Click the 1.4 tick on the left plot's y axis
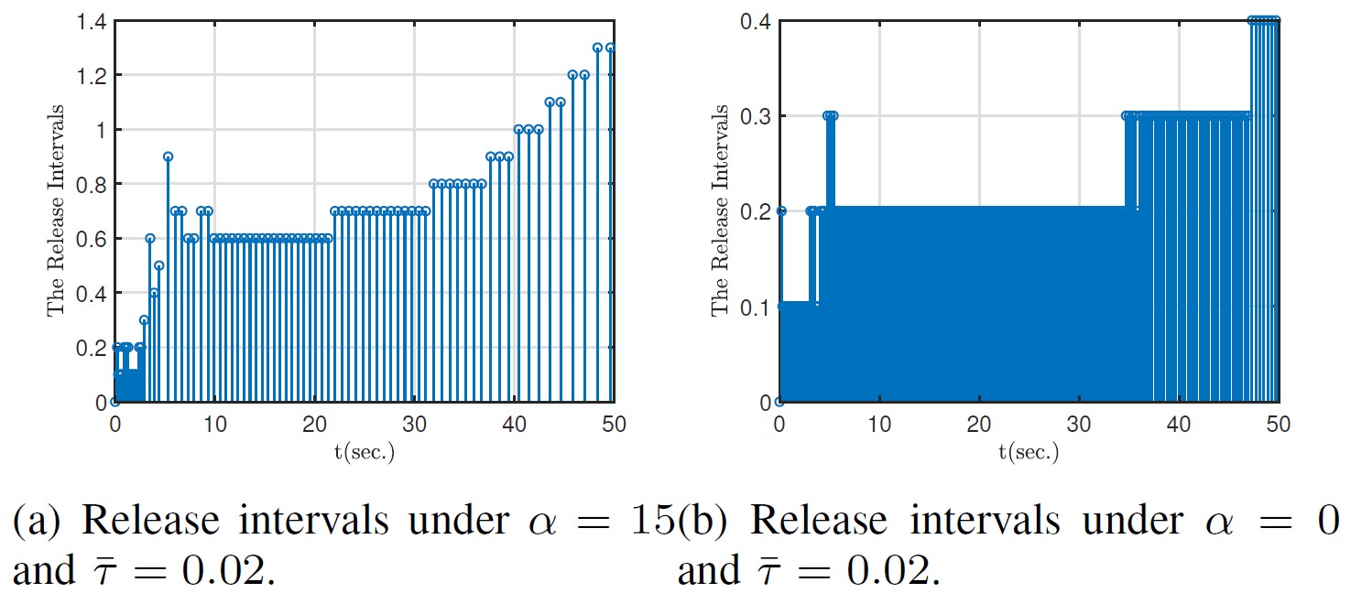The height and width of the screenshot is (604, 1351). (x=93, y=20)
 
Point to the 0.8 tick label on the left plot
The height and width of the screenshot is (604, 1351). (x=93, y=184)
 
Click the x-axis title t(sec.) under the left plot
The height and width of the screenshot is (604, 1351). (x=364, y=452)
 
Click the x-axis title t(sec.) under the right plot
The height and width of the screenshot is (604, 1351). (x=1029, y=452)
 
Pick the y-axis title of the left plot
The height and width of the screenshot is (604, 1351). (x=57, y=211)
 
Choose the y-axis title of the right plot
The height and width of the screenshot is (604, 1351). (x=721, y=211)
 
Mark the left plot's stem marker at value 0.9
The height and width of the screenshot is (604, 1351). (x=169, y=156)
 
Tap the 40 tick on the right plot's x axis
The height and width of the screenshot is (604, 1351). (x=1179, y=425)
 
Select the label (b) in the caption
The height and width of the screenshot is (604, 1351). (x=703, y=521)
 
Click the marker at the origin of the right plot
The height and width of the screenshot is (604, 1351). (x=779, y=402)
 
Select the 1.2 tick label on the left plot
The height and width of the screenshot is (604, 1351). (x=93, y=75)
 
